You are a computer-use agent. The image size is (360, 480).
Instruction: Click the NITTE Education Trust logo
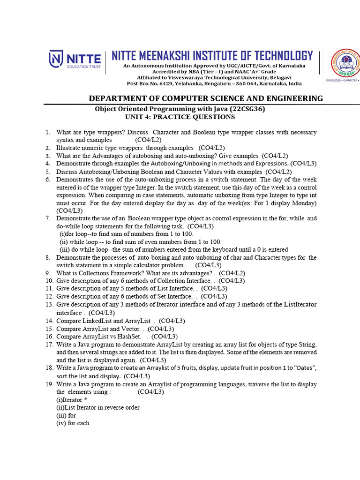coord(75,60)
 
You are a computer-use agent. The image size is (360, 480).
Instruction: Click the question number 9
coord(48,273)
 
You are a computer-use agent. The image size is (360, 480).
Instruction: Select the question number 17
coord(49,345)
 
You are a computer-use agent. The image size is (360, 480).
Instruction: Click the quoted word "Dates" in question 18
coord(303,368)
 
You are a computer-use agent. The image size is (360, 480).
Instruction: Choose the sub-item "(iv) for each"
coord(73,423)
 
